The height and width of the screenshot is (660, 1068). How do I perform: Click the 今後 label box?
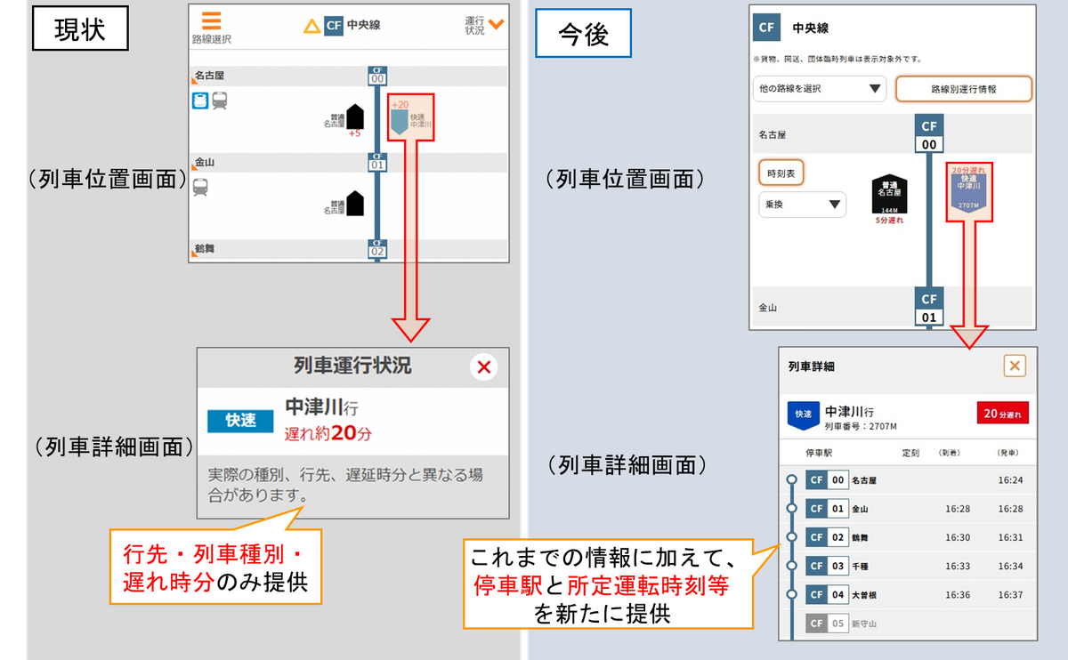584,34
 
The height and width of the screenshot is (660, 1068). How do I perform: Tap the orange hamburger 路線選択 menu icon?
211,21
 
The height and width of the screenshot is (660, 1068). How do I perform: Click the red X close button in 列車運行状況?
483,366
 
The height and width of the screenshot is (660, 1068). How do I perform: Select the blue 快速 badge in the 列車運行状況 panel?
240,420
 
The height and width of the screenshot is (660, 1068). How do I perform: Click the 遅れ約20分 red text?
328,435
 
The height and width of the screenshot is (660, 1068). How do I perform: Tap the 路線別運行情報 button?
963,89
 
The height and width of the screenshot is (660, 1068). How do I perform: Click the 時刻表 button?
781,173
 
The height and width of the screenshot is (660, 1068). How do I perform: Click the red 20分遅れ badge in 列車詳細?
1003,414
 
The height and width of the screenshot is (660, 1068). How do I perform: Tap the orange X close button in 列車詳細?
1014,366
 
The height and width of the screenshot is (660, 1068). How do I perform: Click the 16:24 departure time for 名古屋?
1010,480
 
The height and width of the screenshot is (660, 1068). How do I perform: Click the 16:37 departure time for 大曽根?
1010,595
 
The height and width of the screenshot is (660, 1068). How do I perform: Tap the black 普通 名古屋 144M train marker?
888,193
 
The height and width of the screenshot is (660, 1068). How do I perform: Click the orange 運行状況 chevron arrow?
496,23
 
